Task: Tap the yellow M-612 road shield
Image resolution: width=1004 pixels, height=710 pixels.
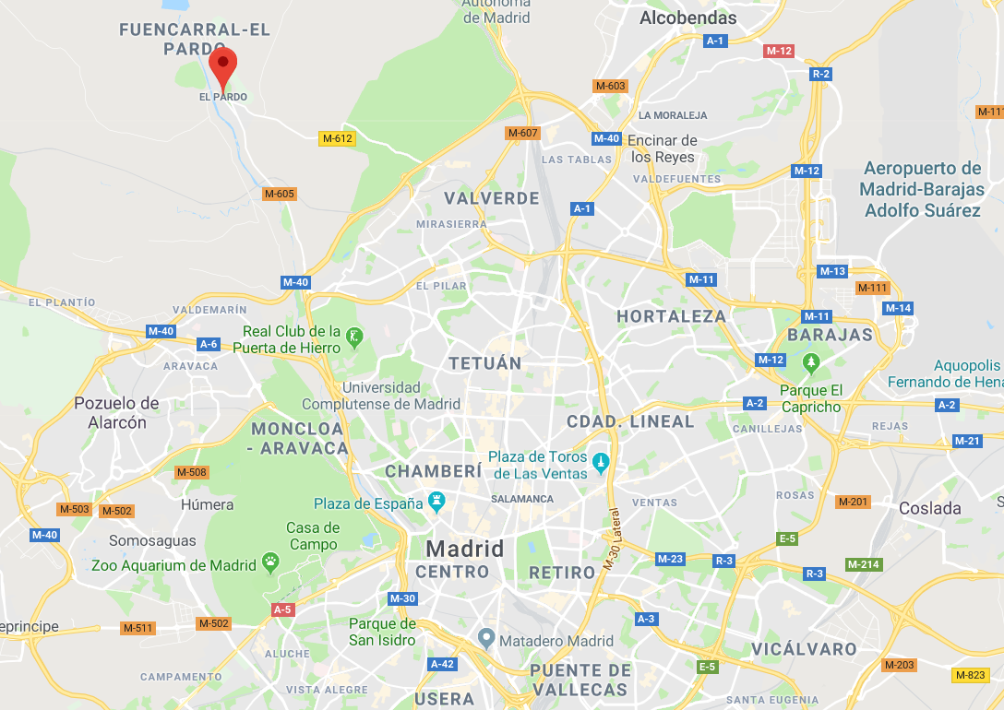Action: [x=337, y=138]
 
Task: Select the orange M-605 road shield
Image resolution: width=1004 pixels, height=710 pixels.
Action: [x=279, y=194]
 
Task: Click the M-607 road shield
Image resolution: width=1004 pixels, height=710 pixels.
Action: [x=522, y=133]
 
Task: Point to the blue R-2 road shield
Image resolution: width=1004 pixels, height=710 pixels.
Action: [x=820, y=74]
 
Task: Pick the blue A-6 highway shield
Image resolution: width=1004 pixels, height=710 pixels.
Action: [x=209, y=344]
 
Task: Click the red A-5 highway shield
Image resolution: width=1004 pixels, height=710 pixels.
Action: [x=282, y=609]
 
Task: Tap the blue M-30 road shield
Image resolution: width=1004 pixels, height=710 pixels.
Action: [x=402, y=598]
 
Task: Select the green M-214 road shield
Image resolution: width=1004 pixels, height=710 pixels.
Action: [x=864, y=564]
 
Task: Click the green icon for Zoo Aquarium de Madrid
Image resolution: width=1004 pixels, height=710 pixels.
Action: [x=270, y=560]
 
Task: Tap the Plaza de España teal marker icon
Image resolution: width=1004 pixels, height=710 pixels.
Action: [x=436, y=503]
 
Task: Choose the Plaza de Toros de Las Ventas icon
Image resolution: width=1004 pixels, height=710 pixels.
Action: [x=602, y=460]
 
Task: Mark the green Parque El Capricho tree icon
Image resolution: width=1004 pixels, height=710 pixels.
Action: [x=811, y=361]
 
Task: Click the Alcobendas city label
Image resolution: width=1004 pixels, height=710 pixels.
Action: [x=688, y=18]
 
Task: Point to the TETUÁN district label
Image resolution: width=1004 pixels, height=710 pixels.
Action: [x=485, y=363]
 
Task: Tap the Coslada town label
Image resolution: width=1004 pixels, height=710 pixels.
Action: [x=929, y=508]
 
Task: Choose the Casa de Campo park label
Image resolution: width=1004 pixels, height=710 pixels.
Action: [x=313, y=536]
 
